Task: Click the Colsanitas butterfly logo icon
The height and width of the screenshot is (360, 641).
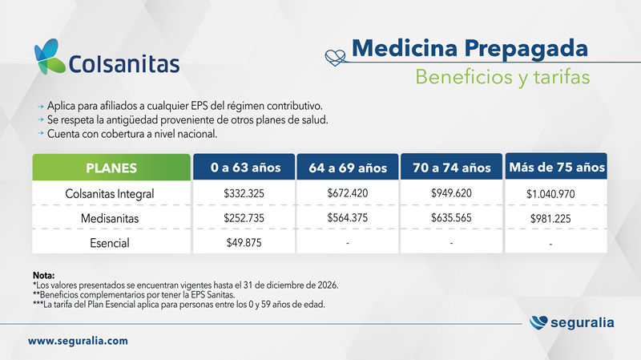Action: click(50, 56)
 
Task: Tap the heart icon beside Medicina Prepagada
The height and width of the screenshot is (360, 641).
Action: click(335, 58)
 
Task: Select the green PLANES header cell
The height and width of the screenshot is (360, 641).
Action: click(111, 168)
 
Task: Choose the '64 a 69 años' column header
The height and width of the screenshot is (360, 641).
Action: click(348, 168)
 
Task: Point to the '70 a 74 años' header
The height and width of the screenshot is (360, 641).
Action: click(451, 167)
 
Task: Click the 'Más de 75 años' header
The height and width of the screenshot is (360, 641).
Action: click(556, 167)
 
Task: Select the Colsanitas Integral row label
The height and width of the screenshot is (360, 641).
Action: click(110, 194)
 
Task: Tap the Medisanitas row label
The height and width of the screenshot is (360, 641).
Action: click(110, 218)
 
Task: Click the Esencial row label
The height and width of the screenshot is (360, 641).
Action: click(110, 243)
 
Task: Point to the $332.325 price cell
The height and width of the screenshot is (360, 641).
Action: click(244, 193)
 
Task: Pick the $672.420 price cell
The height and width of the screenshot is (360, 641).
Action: click(348, 193)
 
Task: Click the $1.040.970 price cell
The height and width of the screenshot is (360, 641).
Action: click(550, 194)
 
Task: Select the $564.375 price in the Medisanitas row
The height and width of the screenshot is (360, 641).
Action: click(348, 217)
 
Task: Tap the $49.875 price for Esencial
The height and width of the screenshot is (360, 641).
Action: click(244, 243)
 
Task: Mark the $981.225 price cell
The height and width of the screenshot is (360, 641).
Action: click(550, 218)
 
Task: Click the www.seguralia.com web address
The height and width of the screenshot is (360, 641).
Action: click(78, 341)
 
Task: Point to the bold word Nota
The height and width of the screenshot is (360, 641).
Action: click(43, 275)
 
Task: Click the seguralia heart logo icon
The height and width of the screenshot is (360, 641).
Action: click(538, 322)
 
